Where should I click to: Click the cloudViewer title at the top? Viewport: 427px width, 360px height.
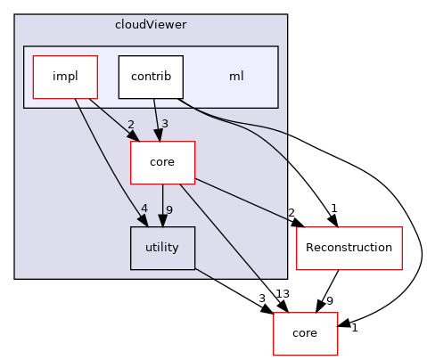coord(151,24)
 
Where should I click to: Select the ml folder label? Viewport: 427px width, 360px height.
coord(236,77)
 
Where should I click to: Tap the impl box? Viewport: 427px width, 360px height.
coord(63,77)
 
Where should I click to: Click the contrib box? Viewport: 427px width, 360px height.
coord(151,77)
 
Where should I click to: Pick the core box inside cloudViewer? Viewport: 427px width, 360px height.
coord(162,162)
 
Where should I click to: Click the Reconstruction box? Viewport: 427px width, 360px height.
coord(349,249)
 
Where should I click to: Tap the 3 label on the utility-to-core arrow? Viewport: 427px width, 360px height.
coord(262,298)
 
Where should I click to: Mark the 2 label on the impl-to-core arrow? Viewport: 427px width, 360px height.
coord(130,126)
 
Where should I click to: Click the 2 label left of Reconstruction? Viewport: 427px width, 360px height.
coord(291,212)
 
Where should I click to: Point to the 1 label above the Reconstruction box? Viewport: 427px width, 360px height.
coord(333,208)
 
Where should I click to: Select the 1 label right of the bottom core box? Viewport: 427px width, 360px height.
coord(353,328)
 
